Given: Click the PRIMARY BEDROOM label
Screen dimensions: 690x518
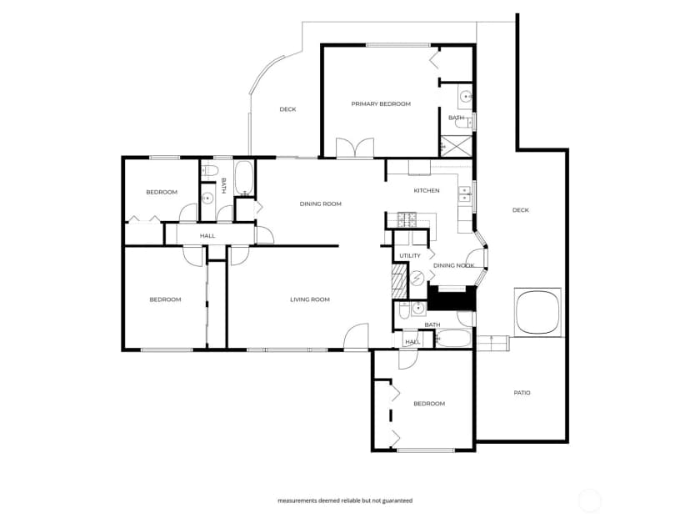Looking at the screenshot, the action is (x=381, y=104).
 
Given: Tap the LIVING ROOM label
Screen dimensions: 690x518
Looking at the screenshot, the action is (x=310, y=299).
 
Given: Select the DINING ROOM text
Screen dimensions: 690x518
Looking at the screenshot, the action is (x=320, y=204).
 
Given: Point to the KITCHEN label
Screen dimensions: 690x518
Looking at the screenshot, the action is (x=427, y=191).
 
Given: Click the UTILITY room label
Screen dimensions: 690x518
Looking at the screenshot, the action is (x=410, y=256).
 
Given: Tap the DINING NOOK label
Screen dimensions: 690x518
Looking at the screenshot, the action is (x=453, y=265).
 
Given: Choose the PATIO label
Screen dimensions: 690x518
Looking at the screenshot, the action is (x=522, y=393).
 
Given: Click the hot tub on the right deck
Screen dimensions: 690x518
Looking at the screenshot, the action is (x=537, y=312).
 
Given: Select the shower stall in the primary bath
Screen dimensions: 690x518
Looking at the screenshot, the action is (x=456, y=146).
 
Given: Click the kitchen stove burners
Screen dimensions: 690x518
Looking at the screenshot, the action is (x=407, y=220).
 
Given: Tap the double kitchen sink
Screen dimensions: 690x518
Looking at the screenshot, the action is (x=464, y=194).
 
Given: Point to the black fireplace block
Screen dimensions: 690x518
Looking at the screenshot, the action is (x=452, y=298).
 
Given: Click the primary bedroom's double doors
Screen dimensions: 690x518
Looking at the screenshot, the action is (x=355, y=148).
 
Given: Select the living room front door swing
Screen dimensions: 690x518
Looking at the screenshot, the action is (x=356, y=337).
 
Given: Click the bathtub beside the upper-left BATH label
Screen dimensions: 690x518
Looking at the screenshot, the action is (x=243, y=178).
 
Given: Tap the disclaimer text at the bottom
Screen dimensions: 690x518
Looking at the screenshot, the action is (x=345, y=500).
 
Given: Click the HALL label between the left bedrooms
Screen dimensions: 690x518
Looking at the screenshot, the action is (x=207, y=236).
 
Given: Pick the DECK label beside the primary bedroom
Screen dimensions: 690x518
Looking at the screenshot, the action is (x=287, y=109).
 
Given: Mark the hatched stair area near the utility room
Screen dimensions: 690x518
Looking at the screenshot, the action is (x=399, y=280).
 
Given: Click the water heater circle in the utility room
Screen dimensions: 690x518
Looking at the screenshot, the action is (x=417, y=278).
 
